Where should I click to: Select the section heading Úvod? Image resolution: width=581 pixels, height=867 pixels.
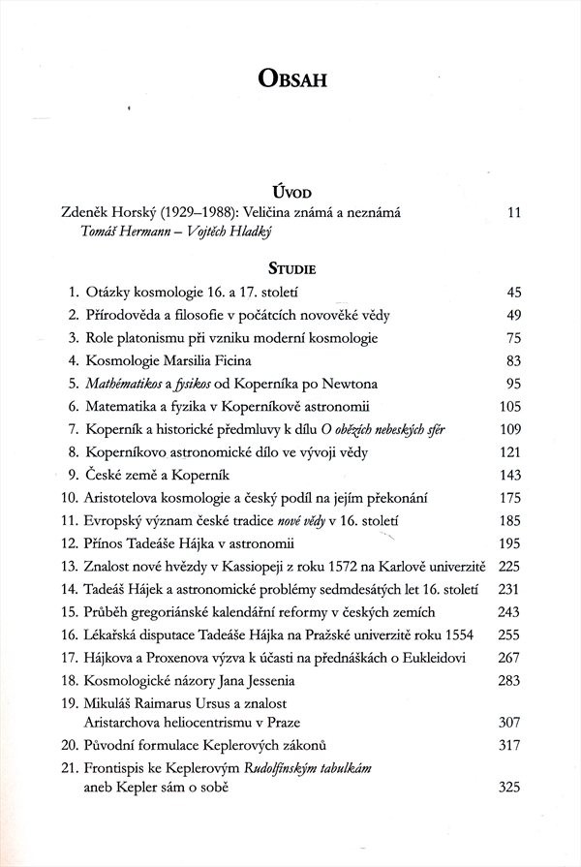[290, 194]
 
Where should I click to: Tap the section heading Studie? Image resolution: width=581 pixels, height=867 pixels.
[290, 263]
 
